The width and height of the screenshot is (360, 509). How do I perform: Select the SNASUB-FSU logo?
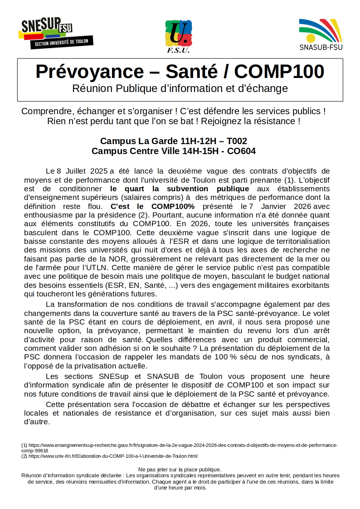[321, 34]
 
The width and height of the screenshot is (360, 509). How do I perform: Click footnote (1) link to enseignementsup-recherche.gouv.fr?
[181, 445]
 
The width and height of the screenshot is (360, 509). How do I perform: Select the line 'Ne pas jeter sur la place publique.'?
[180, 470]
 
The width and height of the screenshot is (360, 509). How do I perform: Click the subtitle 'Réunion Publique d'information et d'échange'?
[180, 88]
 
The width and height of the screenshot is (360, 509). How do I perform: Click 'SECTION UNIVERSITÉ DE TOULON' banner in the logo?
[62, 43]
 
